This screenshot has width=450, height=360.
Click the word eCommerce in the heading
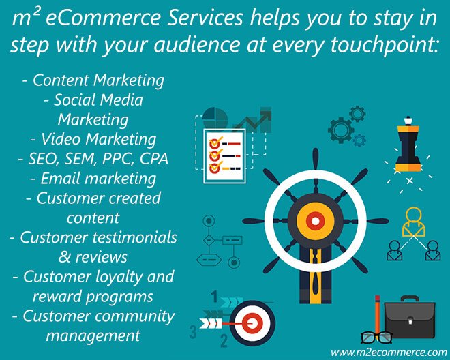point(102,18)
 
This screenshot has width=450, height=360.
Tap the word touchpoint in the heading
point(385,45)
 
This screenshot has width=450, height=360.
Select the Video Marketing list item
point(93,139)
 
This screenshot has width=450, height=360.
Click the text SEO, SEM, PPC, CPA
point(93,159)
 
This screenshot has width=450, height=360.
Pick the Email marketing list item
point(93,178)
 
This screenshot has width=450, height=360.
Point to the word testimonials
point(134,237)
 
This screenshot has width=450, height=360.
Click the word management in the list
point(93,335)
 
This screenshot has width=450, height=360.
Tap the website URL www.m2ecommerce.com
point(389,352)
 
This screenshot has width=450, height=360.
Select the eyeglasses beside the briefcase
point(376,337)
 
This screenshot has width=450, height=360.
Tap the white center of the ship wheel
point(316,221)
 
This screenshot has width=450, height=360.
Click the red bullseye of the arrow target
point(252,323)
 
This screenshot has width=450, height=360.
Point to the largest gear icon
point(341,130)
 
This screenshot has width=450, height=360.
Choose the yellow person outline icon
point(414,222)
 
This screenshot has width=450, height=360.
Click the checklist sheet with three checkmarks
point(224,156)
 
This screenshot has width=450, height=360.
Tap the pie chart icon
point(215,118)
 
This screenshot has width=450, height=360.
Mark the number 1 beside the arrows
point(214,297)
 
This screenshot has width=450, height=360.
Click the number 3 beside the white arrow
point(193,331)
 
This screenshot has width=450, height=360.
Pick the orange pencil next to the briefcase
point(378,314)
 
